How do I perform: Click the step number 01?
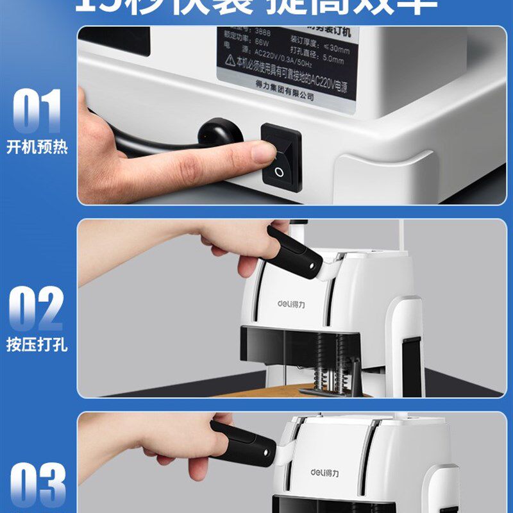(37, 112)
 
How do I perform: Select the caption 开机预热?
(37, 147)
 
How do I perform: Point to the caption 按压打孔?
(37, 345)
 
